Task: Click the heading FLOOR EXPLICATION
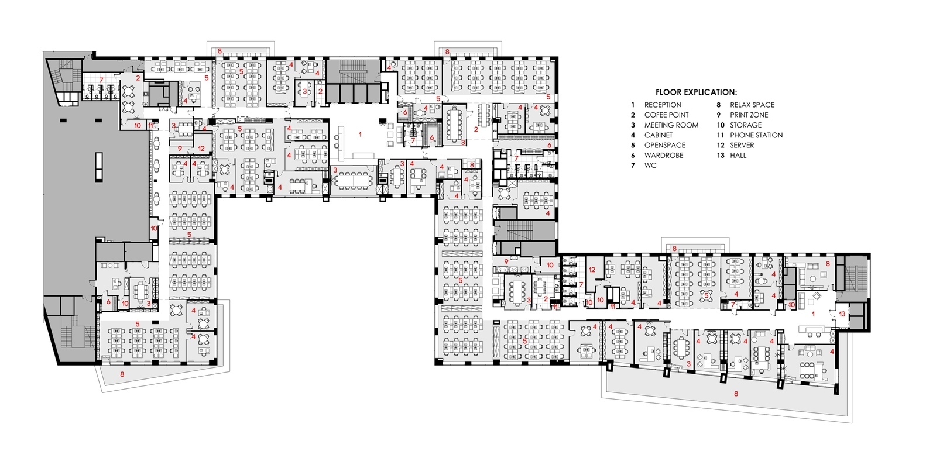pyautogui.click(x=696, y=92)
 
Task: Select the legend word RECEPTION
pyautogui.click(x=663, y=105)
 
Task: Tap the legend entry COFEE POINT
pyautogui.click(x=666, y=115)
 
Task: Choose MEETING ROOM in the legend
pyautogui.click(x=671, y=125)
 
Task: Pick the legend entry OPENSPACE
pyautogui.click(x=664, y=145)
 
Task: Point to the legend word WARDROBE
pyautogui.click(x=664, y=155)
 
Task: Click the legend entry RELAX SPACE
pyautogui.click(x=752, y=105)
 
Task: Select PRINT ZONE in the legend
pyautogui.click(x=749, y=115)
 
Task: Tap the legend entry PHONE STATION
pyautogui.click(x=756, y=135)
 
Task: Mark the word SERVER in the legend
pyautogui.click(x=742, y=145)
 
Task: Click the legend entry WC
pyautogui.click(x=650, y=165)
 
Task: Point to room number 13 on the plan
pyautogui.click(x=842, y=314)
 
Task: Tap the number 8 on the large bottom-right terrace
pyautogui.click(x=736, y=394)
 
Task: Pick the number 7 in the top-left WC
pyautogui.click(x=101, y=80)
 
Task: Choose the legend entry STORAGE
pyautogui.click(x=745, y=125)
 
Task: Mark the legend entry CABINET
pyautogui.click(x=659, y=135)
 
